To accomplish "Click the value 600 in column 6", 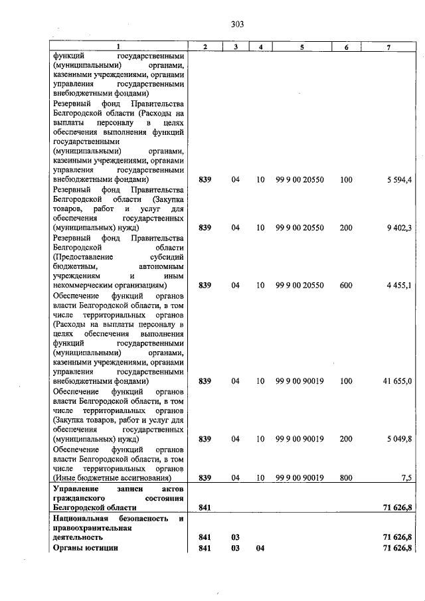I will pyautogui.click(x=346, y=286).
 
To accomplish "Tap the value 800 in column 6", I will pyautogui.click(x=346, y=477).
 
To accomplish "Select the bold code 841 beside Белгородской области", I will pyautogui.click(x=205, y=507).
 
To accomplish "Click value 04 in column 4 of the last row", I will pyautogui.click(x=260, y=547).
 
